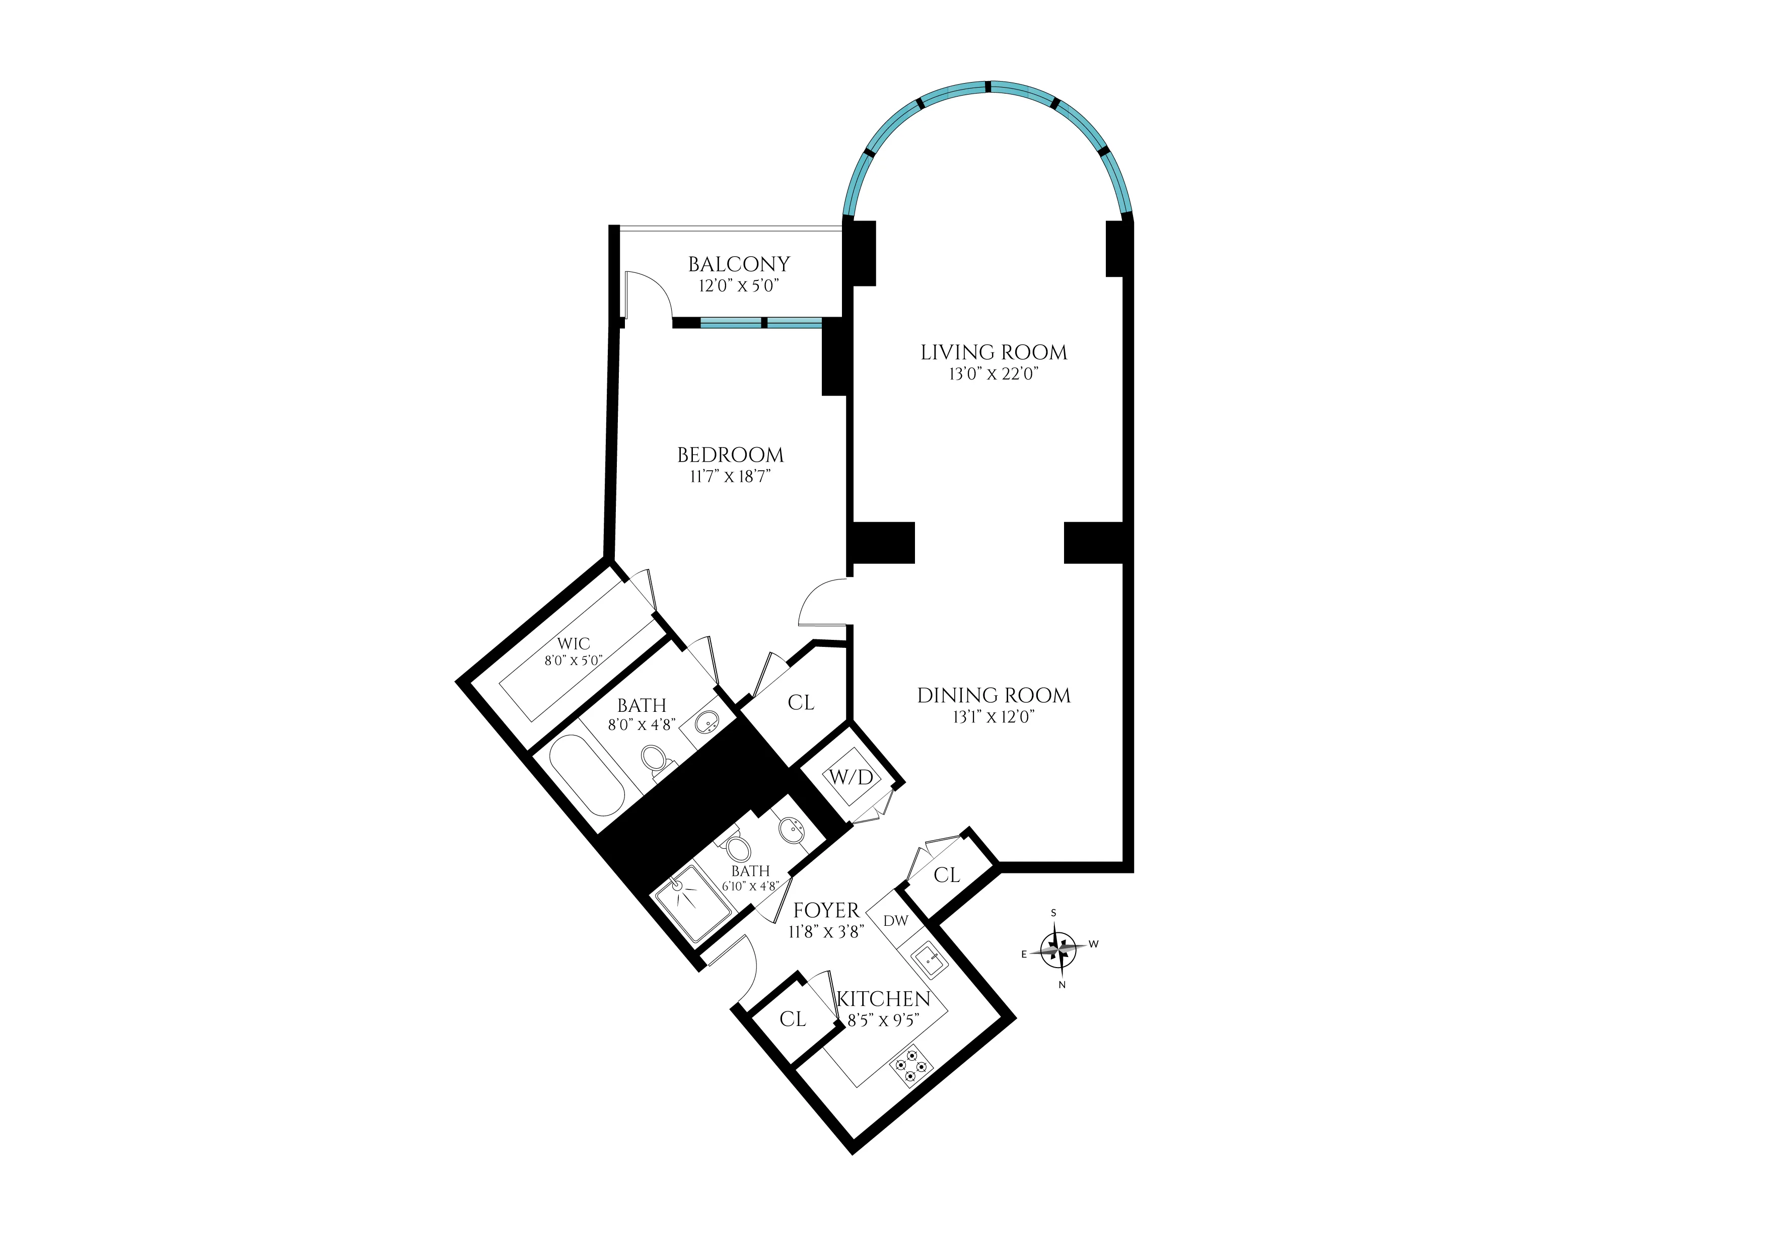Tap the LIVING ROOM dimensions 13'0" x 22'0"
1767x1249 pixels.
click(x=994, y=375)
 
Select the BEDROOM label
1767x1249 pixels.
click(x=730, y=455)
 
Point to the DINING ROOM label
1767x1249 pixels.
click(x=994, y=696)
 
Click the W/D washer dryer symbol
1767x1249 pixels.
click(x=851, y=777)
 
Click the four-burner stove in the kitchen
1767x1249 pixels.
click(x=911, y=1066)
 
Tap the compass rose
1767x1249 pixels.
click(x=1059, y=949)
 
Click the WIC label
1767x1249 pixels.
click(x=574, y=644)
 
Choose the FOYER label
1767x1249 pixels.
click(x=826, y=910)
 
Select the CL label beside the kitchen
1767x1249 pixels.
click(x=793, y=1019)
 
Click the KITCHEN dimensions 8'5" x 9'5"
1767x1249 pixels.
click(x=883, y=1020)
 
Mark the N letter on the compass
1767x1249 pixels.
click(x=1062, y=984)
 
